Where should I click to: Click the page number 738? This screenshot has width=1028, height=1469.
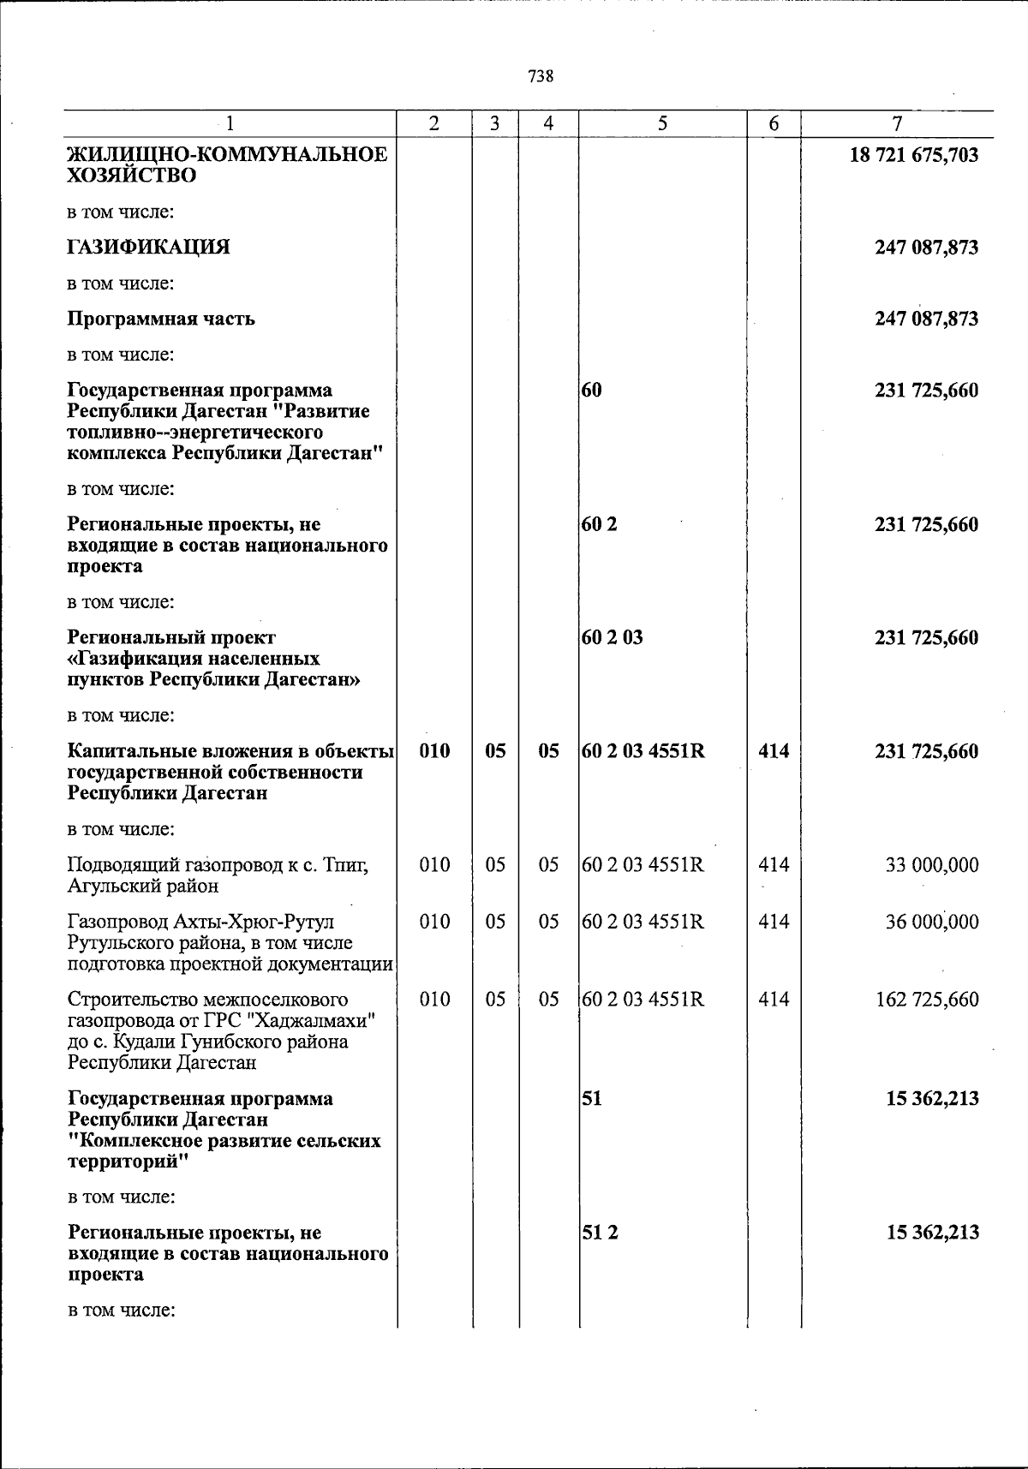click(541, 76)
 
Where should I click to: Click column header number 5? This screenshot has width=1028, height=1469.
click(662, 123)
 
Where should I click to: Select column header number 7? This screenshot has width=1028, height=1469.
click(896, 124)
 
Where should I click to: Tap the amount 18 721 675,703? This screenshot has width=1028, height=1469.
click(913, 156)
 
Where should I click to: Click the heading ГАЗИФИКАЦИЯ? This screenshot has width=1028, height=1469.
click(148, 248)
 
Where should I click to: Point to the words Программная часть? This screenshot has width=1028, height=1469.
click(161, 319)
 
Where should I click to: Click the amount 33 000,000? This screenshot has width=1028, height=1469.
click(931, 865)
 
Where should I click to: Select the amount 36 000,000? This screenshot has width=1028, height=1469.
click(931, 923)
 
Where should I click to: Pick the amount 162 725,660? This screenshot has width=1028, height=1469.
click(926, 1000)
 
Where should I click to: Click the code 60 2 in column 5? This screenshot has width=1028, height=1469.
click(600, 524)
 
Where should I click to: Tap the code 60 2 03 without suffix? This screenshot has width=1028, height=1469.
click(613, 638)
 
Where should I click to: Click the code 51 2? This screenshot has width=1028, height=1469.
click(600, 1233)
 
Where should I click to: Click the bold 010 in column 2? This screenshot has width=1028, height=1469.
click(435, 751)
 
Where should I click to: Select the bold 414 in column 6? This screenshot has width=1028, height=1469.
click(774, 751)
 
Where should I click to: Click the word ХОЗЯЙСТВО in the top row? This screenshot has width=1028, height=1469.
click(131, 176)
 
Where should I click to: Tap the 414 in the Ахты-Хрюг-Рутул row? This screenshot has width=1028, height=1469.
click(774, 923)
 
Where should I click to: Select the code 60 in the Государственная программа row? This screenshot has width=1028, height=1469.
click(592, 391)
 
